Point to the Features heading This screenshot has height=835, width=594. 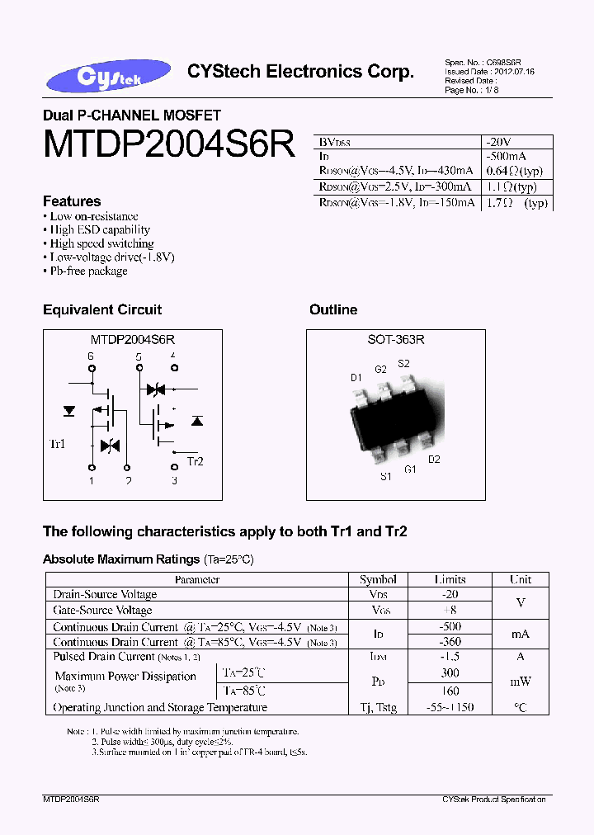[x=72, y=201]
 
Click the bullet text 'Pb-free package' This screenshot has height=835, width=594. [x=88, y=271]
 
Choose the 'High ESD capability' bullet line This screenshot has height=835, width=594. [x=100, y=230]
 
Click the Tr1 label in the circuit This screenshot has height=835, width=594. [x=58, y=445]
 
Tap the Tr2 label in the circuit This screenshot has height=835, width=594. [x=195, y=461]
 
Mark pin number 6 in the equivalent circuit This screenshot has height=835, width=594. [x=91, y=356]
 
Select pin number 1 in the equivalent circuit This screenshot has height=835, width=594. [x=92, y=480]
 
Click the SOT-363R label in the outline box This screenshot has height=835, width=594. [x=396, y=339]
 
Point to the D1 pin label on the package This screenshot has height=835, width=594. [x=356, y=378]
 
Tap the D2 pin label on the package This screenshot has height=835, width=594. [x=434, y=460]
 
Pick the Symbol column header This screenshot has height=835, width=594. [x=378, y=579]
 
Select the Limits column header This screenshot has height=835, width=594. [x=450, y=579]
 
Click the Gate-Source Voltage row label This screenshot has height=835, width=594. [x=102, y=611]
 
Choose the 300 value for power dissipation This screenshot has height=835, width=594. [x=450, y=674]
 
